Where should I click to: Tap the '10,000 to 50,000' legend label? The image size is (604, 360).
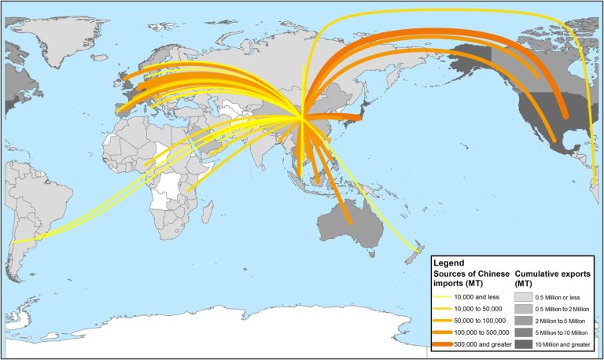pyautogui.click(x=481, y=310)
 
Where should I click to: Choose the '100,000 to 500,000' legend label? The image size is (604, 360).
pyautogui.click(x=484, y=333)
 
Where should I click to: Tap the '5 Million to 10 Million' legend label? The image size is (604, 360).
pyautogui.click(x=565, y=333)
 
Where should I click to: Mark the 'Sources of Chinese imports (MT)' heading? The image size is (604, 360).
pyautogui.click(x=471, y=277)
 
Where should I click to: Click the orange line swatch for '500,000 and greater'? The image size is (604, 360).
pyautogui.click(x=449, y=345)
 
